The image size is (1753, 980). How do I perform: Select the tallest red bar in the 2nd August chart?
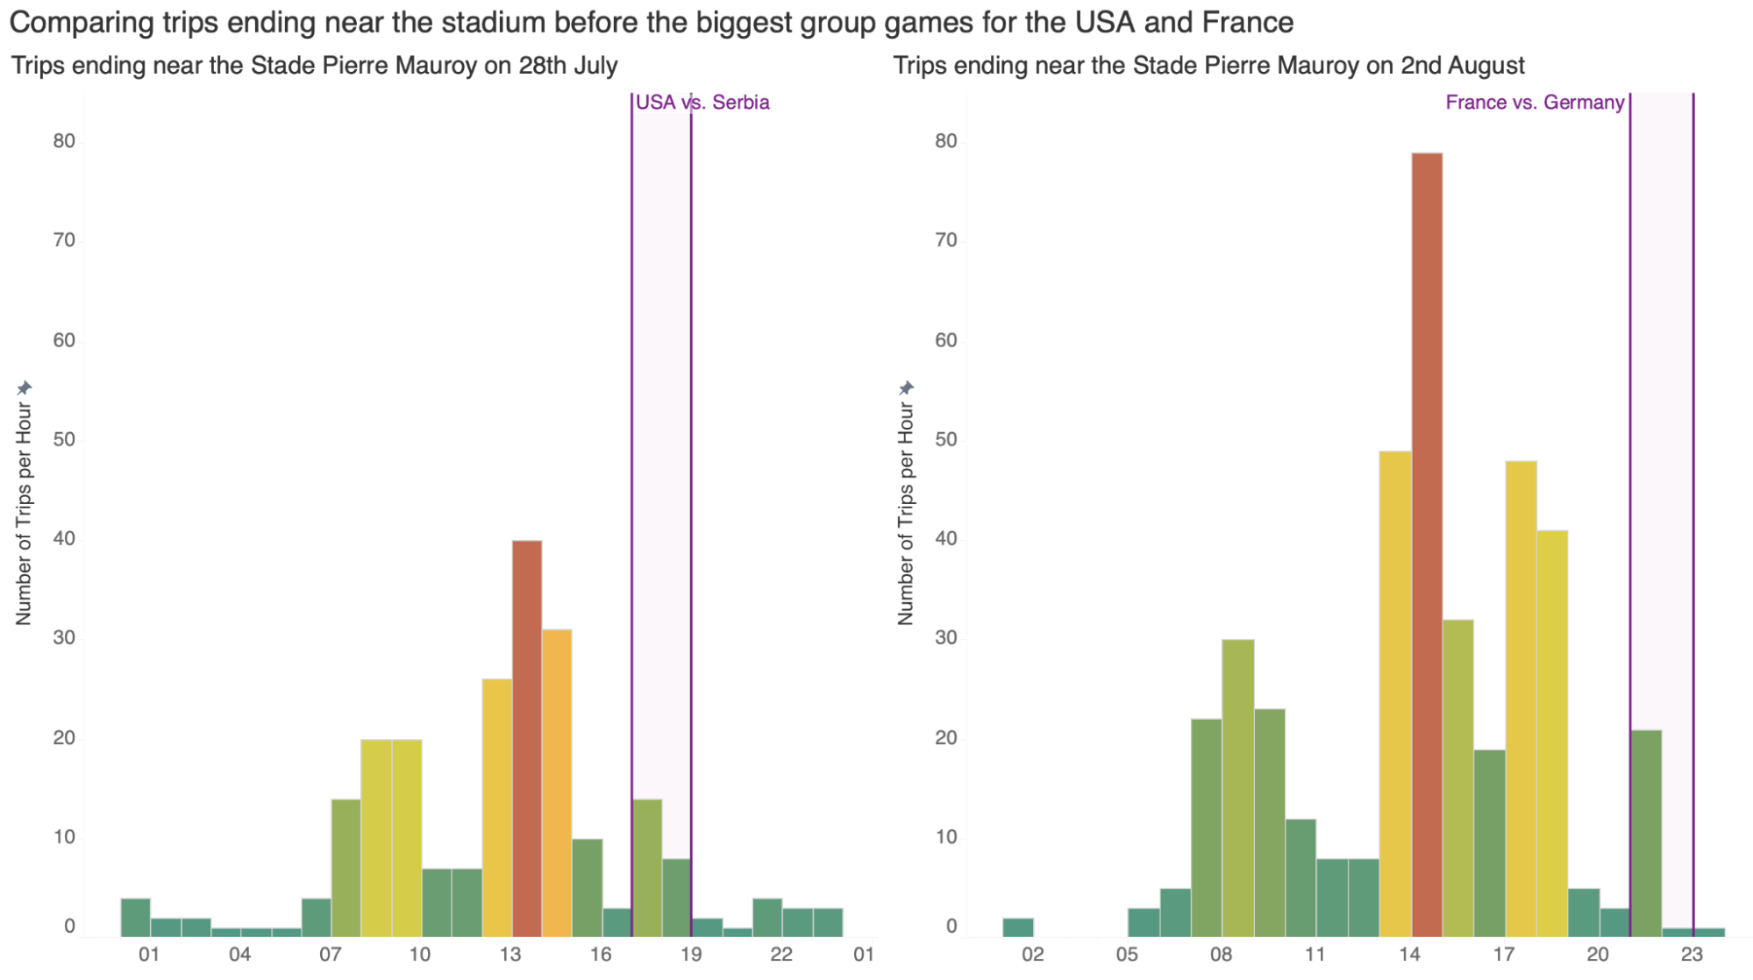[x=1427, y=543]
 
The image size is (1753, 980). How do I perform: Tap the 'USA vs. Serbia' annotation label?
[x=702, y=103]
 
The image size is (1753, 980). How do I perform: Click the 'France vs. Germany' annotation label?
[x=1535, y=103]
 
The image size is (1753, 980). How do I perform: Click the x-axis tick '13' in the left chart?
[x=510, y=955]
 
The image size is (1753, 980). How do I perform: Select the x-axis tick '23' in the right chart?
[x=1692, y=955]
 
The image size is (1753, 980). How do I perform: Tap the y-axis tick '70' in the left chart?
[x=64, y=240]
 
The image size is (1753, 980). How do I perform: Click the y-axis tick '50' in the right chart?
[x=946, y=439]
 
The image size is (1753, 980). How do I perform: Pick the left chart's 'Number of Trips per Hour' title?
[x=24, y=514]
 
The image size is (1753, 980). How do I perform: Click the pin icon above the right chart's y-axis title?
[x=907, y=387]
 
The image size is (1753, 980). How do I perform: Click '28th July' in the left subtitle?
[x=567, y=66]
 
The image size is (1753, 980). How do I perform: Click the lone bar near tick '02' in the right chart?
[x=1018, y=927]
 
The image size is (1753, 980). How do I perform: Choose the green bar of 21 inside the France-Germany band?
[x=1646, y=833]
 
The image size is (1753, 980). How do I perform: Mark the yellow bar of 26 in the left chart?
[x=497, y=806]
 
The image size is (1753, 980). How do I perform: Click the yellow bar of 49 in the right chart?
[x=1395, y=692]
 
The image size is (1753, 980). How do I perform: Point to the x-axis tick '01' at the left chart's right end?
[x=864, y=955]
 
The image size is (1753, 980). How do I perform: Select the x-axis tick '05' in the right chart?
[x=1127, y=955]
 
